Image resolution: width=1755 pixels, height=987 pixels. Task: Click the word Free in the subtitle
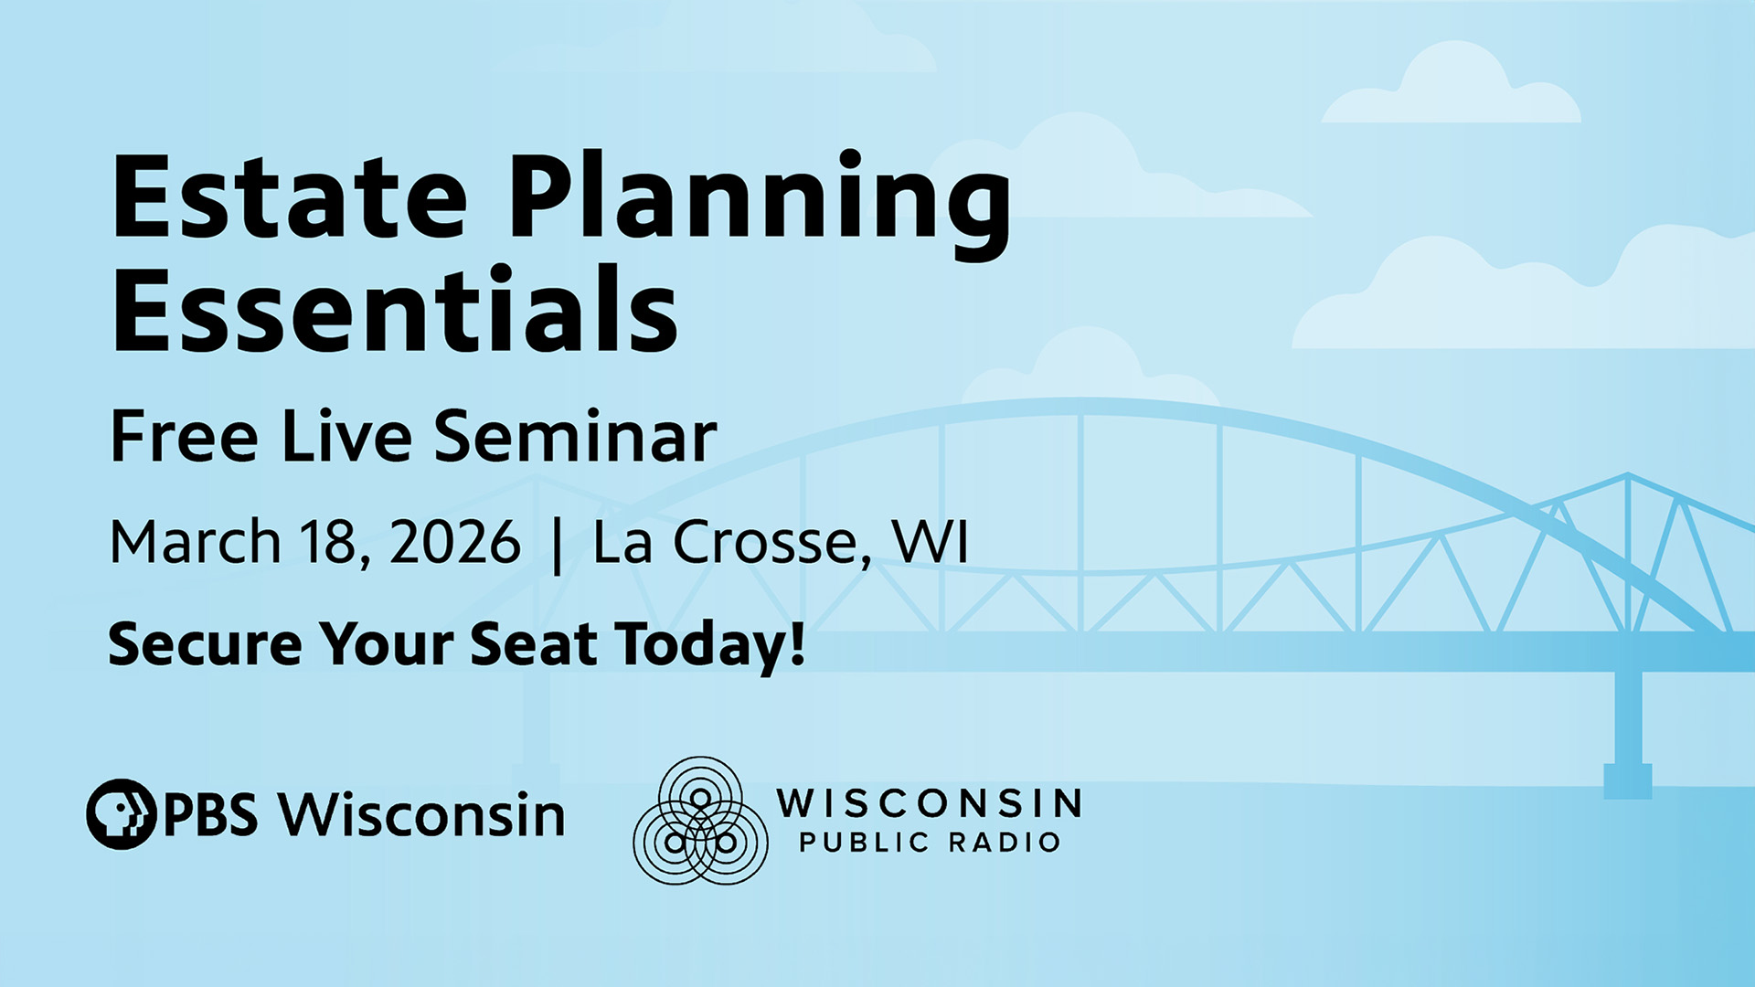point(184,437)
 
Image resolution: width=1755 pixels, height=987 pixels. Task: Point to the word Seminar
point(575,437)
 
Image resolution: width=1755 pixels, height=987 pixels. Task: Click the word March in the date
point(195,542)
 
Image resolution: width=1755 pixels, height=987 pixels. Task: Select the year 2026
point(454,542)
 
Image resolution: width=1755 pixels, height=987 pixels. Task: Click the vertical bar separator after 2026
point(557,546)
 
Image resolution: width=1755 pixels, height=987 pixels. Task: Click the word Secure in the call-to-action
point(204,643)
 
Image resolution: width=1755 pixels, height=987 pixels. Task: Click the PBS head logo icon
point(121,813)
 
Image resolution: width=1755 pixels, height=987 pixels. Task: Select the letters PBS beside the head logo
point(210,814)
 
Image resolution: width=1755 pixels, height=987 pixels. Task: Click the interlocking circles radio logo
point(700,821)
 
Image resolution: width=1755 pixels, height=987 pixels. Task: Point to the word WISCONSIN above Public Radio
point(929,803)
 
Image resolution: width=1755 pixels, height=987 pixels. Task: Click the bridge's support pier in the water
point(1628,731)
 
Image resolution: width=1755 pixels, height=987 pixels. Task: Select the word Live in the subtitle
point(346,437)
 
